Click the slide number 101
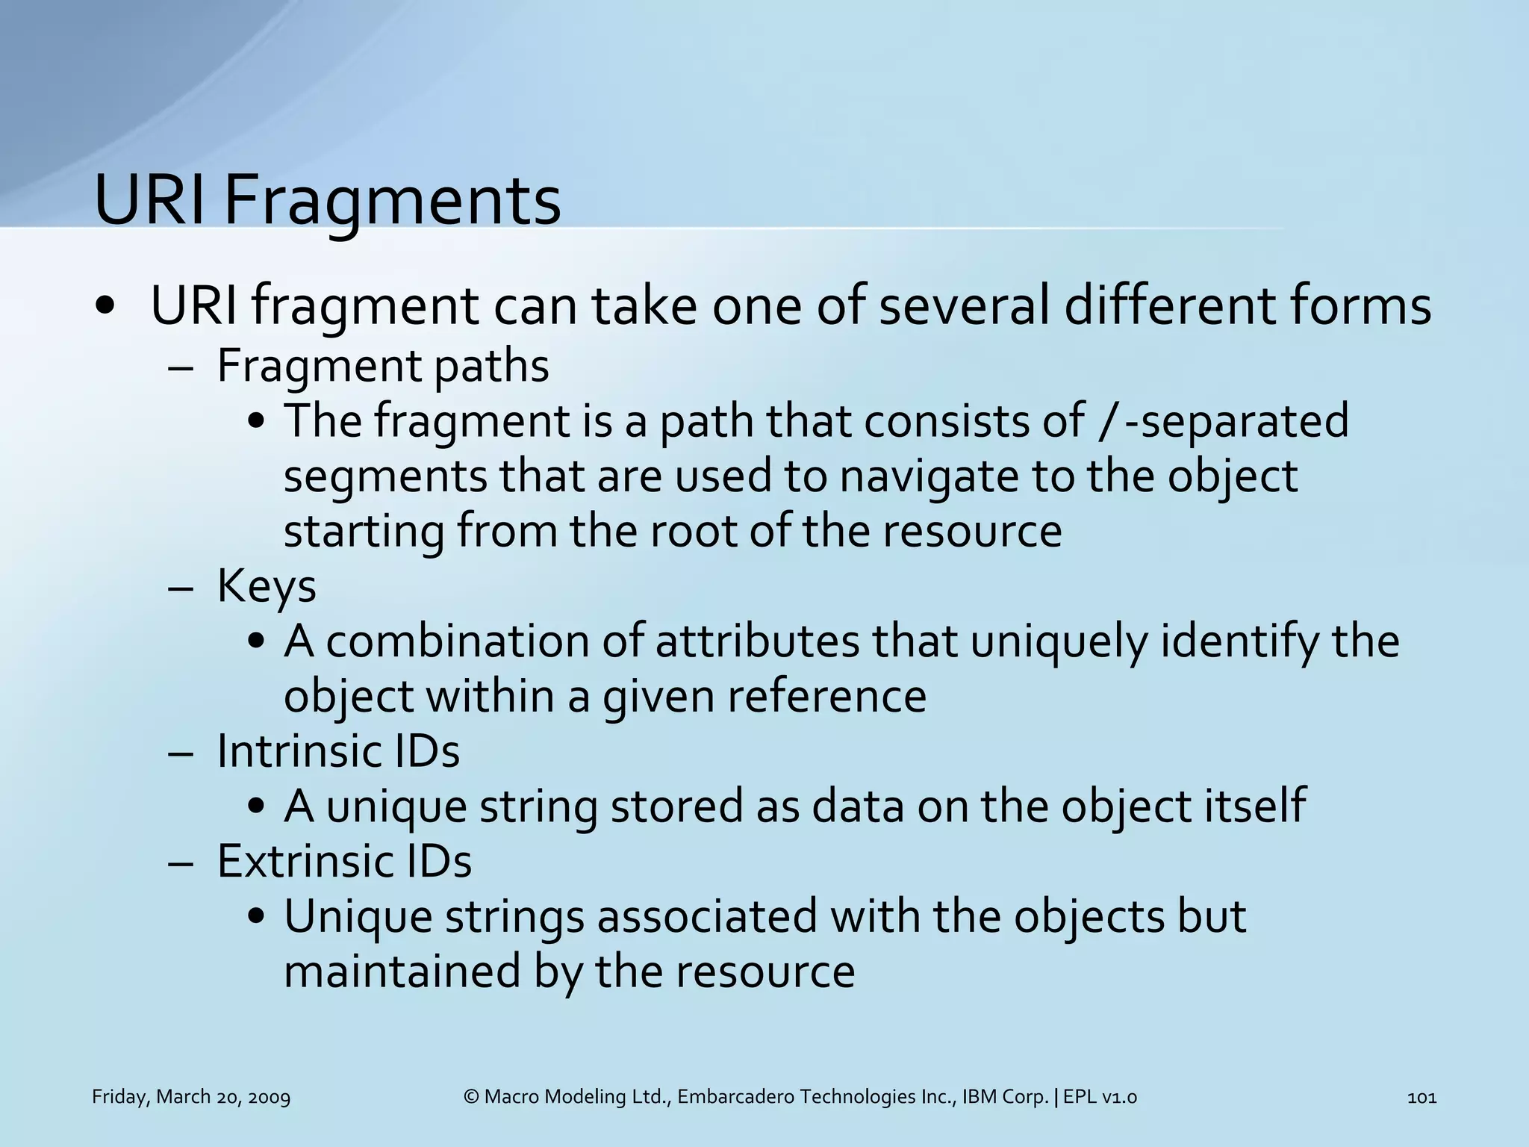(1421, 1097)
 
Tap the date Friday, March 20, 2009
(191, 1097)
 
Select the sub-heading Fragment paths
(383, 367)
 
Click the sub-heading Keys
(267, 586)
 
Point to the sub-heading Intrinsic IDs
(338, 751)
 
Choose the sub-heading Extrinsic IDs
(344, 862)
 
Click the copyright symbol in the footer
(470, 1097)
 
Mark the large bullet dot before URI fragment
(105, 306)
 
